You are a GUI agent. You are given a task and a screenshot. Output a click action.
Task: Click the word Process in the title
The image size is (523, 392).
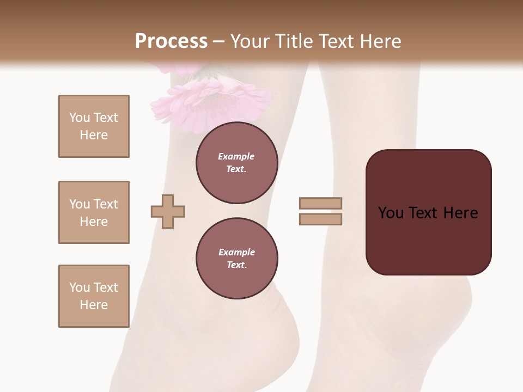[171, 41]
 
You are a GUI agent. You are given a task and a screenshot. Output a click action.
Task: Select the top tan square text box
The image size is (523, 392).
[94, 126]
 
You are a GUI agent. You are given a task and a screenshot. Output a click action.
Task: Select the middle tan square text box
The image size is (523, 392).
[94, 212]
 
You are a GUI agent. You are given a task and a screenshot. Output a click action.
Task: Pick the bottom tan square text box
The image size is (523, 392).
[94, 296]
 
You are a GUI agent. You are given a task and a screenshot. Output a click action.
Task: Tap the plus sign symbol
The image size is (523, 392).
[168, 211]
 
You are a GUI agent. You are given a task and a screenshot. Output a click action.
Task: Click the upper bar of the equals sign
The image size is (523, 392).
[320, 203]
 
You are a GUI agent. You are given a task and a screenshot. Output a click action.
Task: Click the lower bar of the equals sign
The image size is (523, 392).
[320, 219]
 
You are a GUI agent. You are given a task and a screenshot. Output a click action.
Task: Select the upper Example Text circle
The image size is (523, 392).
[236, 163]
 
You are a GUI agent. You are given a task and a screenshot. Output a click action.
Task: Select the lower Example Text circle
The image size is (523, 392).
[236, 258]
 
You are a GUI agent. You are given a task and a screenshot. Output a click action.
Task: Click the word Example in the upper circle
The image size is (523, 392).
[236, 156]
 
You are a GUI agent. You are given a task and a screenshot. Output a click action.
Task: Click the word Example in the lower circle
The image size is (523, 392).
[236, 252]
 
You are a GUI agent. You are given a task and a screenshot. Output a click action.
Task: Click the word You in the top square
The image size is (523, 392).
[80, 118]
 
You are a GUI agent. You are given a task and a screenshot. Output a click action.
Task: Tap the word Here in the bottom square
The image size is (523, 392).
[94, 305]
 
